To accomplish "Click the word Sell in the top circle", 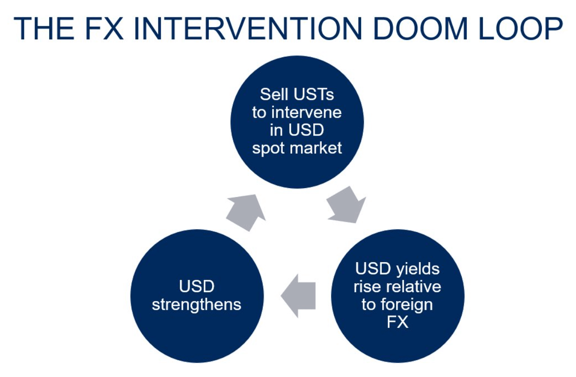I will pos(273,95).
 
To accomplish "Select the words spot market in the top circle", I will pos(297,148).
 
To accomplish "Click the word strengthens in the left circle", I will pos(196,305).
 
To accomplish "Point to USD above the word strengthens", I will pos(196,287).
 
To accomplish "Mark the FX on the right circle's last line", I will pos(398,323).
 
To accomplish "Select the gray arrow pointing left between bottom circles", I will pos(298,296).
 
